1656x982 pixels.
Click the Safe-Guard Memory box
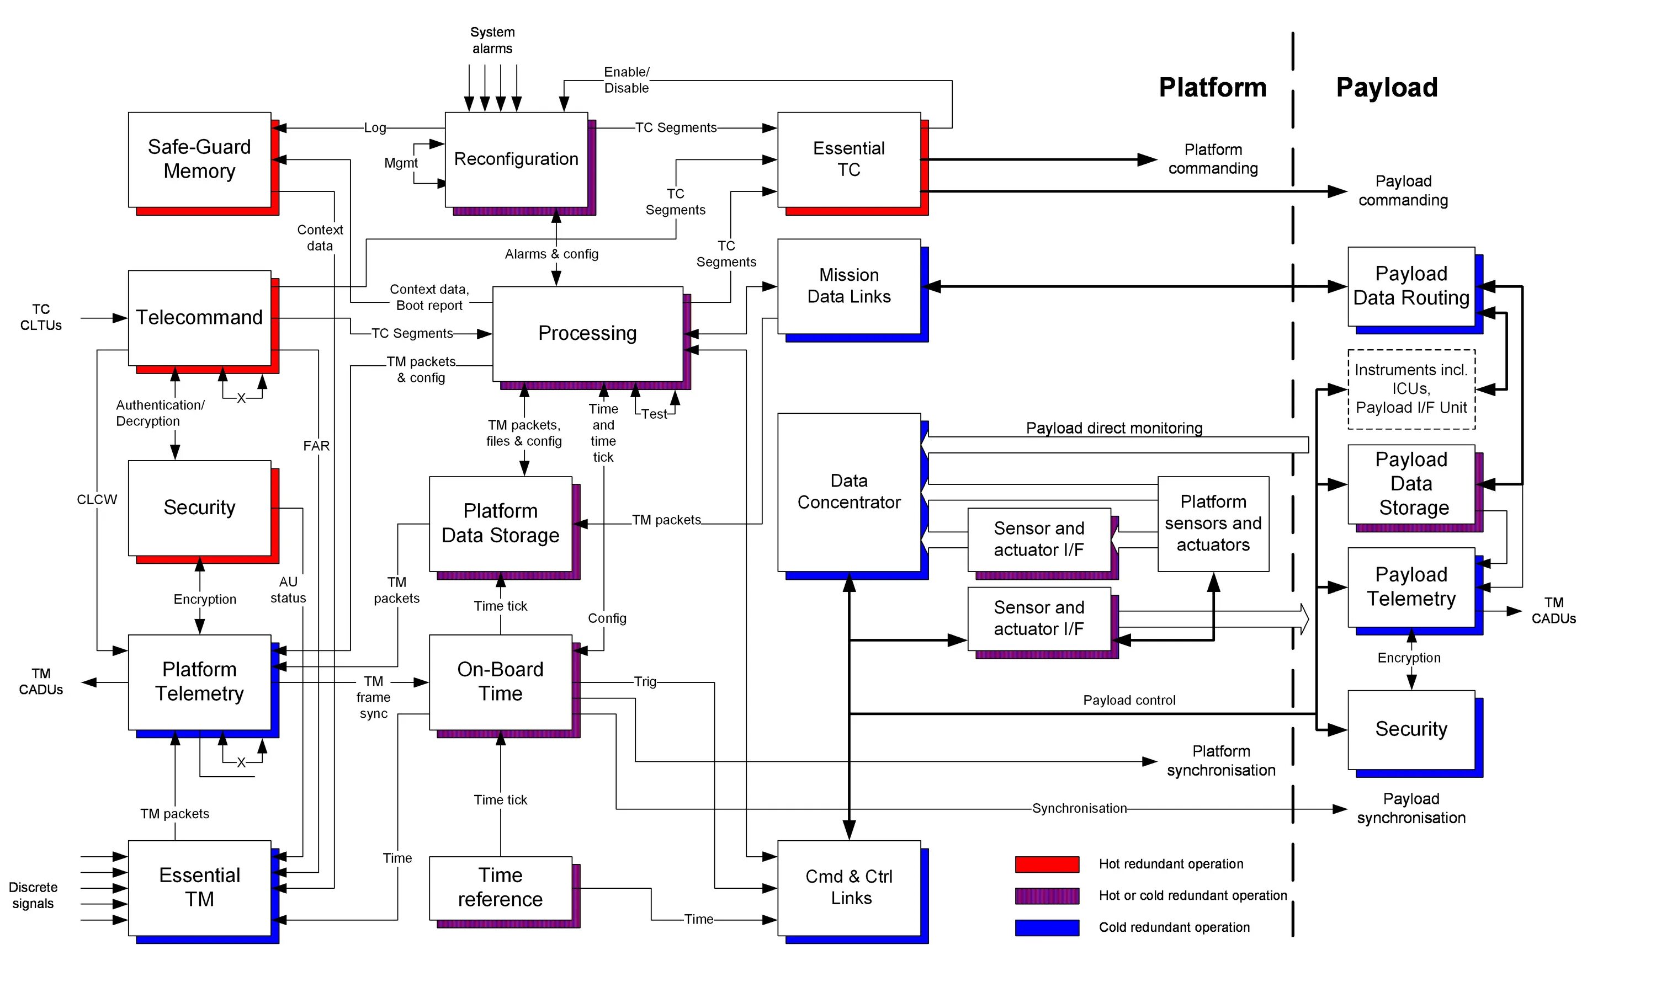pos(199,159)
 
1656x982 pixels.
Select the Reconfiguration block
pos(516,159)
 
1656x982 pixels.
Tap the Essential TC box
pos(849,159)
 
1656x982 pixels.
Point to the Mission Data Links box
pos(849,286)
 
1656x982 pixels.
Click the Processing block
pos(587,334)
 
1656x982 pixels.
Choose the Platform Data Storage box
pos(501,524)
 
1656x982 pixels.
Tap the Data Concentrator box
pos(849,492)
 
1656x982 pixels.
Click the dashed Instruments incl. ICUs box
pos(1411,389)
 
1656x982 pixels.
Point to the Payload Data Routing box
pos(1411,286)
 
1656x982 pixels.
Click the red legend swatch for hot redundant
pos(1047,864)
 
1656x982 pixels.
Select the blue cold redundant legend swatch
pos(1047,928)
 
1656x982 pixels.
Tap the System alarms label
pos(492,40)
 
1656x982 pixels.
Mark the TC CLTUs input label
pos(41,318)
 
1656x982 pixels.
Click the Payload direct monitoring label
pos(1114,428)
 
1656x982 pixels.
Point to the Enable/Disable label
pos(627,80)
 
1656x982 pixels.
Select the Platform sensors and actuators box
pos(1213,524)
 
